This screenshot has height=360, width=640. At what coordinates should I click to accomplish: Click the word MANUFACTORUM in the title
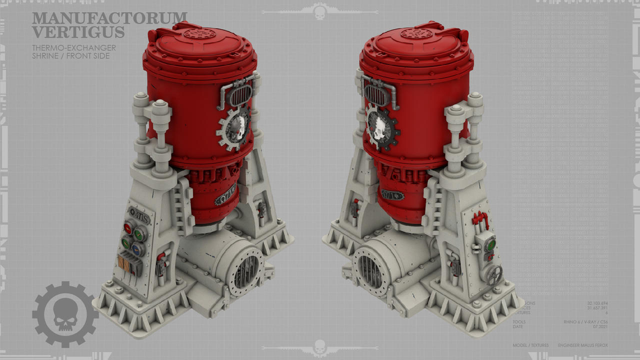pyautogui.click(x=109, y=19)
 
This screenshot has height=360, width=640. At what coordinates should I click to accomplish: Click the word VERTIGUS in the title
pyautogui.click(x=78, y=32)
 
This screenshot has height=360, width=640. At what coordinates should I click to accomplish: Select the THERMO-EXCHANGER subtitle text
pyautogui.click(x=74, y=48)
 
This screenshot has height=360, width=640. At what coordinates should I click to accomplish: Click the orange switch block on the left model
pyautogui.click(x=123, y=263)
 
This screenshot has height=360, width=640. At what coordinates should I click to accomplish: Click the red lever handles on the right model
pyautogui.click(x=480, y=218)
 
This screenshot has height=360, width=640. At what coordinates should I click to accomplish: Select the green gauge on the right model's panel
pyautogui.click(x=491, y=244)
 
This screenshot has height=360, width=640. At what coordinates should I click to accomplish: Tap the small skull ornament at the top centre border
pyautogui.click(x=318, y=11)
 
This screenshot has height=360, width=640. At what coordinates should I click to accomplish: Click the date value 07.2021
pyautogui.click(x=599, y=326)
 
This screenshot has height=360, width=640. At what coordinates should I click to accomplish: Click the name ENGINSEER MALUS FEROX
pyautogui.click(x=583, y=345)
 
